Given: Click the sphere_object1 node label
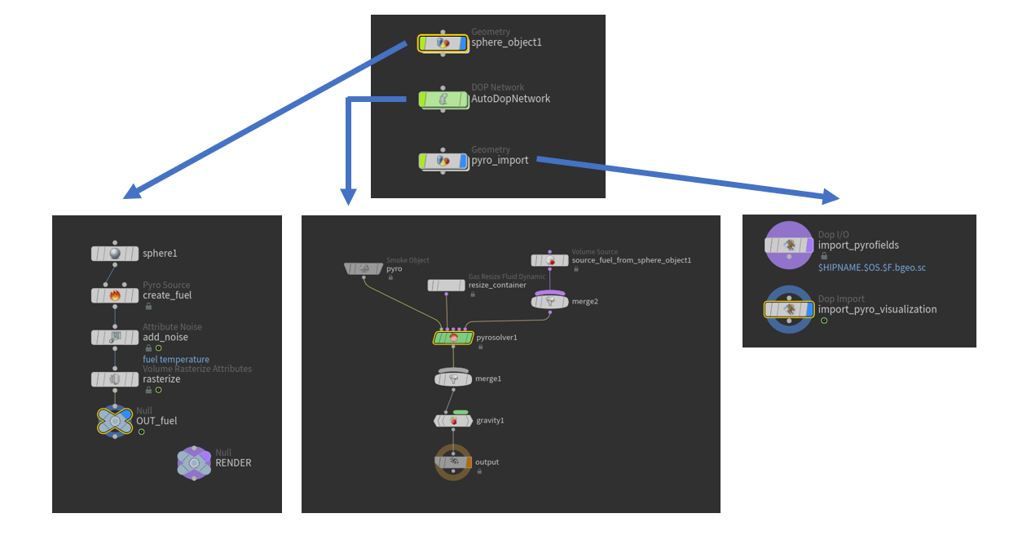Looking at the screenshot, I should click(506, 42).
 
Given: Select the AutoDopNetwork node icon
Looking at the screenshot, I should click(443, 100).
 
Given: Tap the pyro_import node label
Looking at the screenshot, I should click(500, 161).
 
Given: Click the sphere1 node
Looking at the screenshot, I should click(115, 254).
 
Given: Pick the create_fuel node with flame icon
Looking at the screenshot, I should click(115, 295).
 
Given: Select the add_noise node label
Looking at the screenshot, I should click(165, 337).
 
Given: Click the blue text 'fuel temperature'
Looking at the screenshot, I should click(176, 360).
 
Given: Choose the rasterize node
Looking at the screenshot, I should click(115, 379).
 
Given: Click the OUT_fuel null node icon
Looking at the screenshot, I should click(115, 421).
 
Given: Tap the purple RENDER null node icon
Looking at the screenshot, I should click(194, 463).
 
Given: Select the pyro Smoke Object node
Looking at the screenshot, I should click(364, 268).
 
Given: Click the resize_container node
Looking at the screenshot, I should click(447, 285).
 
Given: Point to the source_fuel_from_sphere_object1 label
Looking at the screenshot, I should click(631, 260).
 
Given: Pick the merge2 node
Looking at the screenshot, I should click(549, 302).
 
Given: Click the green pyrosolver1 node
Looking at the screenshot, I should click(453, 338).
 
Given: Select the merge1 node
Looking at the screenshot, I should click(453, 379).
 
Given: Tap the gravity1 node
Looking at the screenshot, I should click(453, 421).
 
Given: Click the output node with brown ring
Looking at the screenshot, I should click(452, 463).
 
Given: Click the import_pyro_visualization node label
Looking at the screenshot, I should click(877, 310).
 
